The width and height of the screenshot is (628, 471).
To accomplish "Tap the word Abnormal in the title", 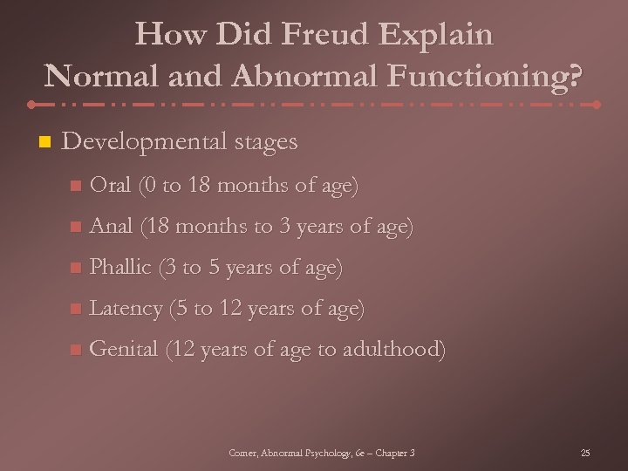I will (304, 75).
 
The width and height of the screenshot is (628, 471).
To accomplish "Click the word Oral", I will (111, 185).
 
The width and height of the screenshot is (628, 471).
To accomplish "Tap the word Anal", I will (112, 226).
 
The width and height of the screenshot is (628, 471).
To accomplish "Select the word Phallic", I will (121, 267).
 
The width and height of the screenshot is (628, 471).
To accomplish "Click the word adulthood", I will (394, 349).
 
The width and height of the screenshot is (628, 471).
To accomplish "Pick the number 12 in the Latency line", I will (224, 308).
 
